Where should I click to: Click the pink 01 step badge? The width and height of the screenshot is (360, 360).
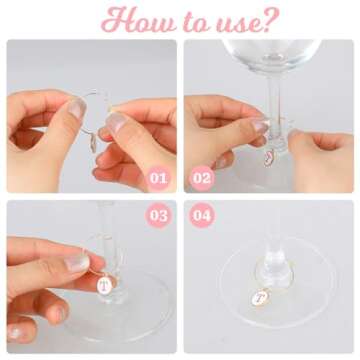pyautogui.click(x=158, y=178)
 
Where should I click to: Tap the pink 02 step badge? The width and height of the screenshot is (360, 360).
pyautogui.click(x=202, y=178)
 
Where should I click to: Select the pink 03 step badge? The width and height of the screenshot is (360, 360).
pyautogui.click(x=158, y=215)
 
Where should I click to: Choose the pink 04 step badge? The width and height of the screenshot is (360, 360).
pyautogui.click(x=202, y=215)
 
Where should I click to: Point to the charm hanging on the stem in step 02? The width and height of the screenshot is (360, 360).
pyautogui.click(x=268, y=156)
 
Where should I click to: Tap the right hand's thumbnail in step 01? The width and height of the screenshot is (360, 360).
pyautogui.click(x=116, y=123)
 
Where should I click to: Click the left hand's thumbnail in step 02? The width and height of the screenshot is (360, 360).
pyautogui.click(x=258, y=125)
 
